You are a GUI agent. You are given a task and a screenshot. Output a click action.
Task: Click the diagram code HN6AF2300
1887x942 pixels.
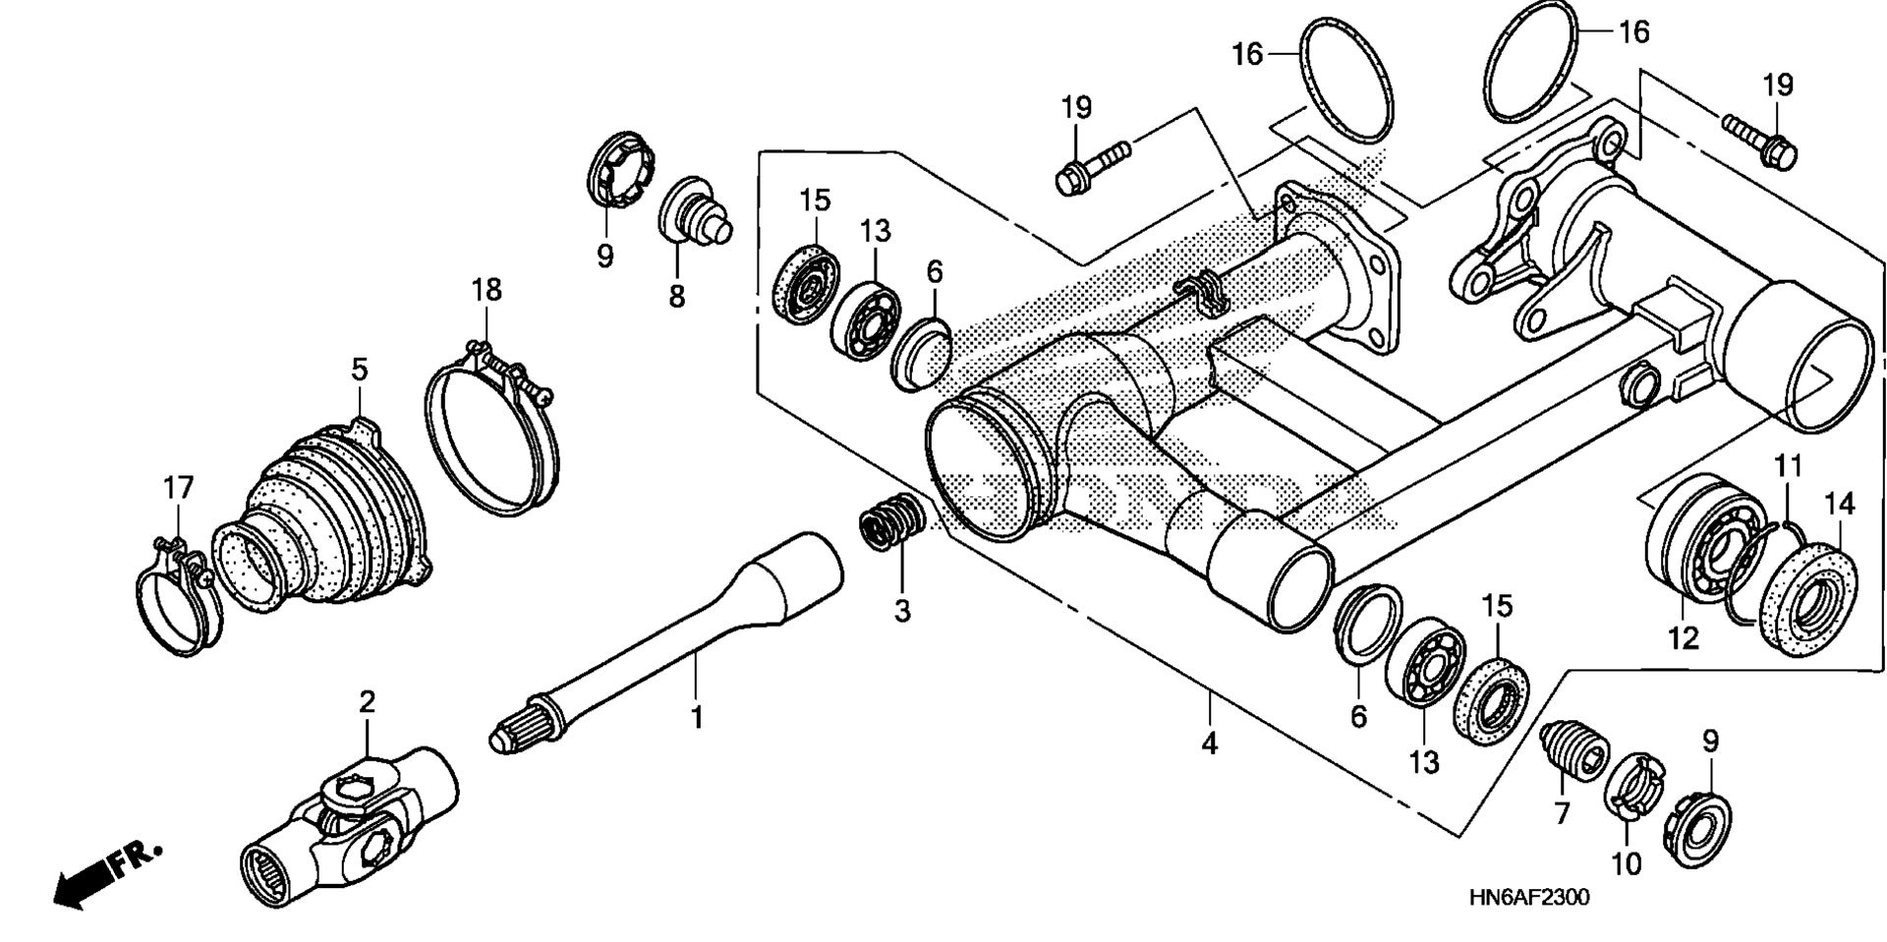pyautogui.click(x=1529, y=898)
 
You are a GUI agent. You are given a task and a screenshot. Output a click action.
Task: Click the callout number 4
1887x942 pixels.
pyautogui.click(x=1210, y=744)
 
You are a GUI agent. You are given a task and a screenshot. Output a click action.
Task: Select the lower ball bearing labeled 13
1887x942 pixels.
pyautogui.click(x=1424, y=661)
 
